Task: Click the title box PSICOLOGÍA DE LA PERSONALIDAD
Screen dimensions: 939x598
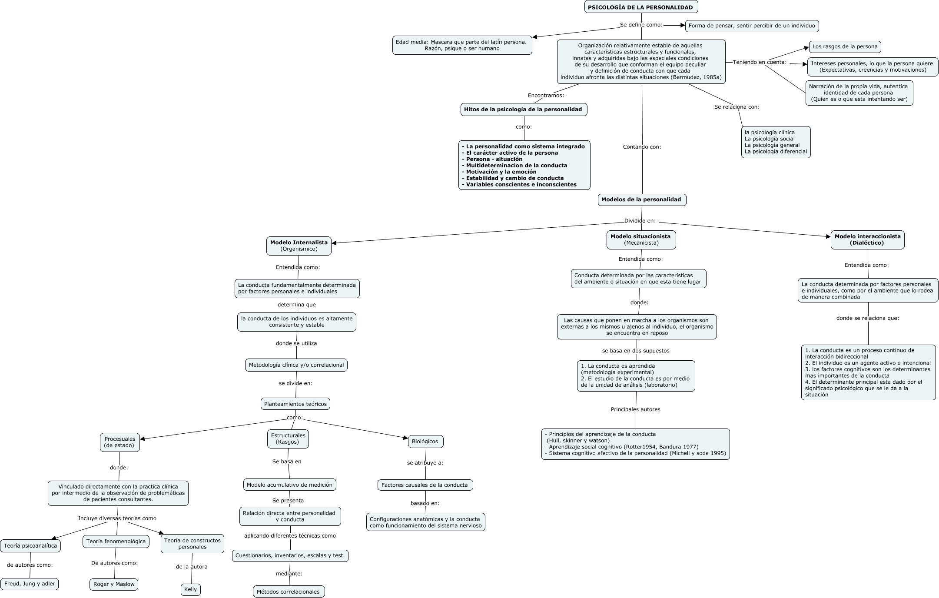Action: pyautogui.click(x=641, y=7)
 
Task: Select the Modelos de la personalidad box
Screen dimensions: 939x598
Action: pyautogui.click(x=642, y=199)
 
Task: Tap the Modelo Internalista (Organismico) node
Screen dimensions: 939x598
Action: pyautogui.click(x=299, y=246)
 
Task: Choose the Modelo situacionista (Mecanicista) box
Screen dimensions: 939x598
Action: pyautogui.click(x=641, y=239)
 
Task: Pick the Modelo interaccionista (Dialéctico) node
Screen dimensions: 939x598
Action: pyautogui.click(x=867, y=239)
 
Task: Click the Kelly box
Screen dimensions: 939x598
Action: pyautogui.click(x=191, y=589)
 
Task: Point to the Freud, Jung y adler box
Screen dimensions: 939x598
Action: pyautogui.click(x=30, y=584)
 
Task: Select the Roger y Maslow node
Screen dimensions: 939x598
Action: pyautogui.click(x=114, y=584)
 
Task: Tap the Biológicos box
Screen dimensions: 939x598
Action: pyautogui.click(x=425, y=441)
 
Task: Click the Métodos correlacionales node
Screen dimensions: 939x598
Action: pyautogui.click(x=289, y=591)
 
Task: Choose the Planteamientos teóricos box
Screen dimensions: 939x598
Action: pyautogui.click(x=295, y=404)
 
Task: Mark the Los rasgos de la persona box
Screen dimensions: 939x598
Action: pyautogui.click(x=845, y=47)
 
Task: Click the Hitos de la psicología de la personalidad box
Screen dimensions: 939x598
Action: pyautogui.click(x=524, y=110)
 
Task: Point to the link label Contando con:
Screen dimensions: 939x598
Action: pyautogui.click(x=642, y=147)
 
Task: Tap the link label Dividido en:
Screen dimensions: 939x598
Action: pyautogui.click(x=640, y=221)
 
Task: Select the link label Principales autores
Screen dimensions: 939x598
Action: pyautogui.click(x=635, y=409)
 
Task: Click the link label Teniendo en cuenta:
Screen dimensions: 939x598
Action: pyautogui.click(x=760, y=62)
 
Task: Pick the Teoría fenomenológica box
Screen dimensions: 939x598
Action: pyautogui.click(x=116, y=542)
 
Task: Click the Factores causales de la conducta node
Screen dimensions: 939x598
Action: pyautogui.click(x=425, y=485)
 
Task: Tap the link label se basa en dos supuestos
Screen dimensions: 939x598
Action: pyautogui.click(x=636, y=351)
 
